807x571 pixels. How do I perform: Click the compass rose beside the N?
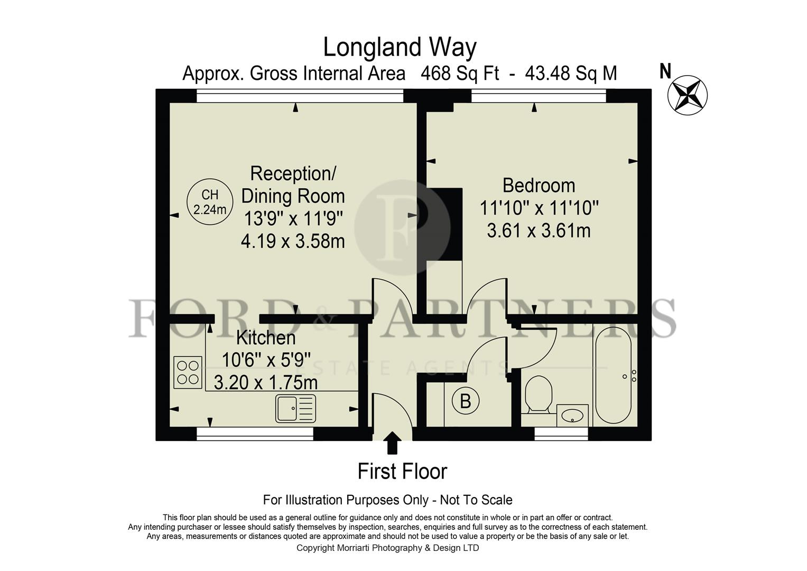point(687,96)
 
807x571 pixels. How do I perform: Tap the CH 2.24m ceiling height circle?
point(210,202)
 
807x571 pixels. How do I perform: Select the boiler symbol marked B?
point(465,401)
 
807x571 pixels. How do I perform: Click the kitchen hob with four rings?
point(188,372)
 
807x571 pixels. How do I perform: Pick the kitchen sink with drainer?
point(295,408)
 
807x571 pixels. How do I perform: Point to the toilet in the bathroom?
point(539,394)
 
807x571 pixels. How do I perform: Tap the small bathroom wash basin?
point(572,416)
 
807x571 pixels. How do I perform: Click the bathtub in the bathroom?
point(613,375)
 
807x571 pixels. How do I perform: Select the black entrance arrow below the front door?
point(392,443)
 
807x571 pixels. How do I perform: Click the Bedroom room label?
point(539,186)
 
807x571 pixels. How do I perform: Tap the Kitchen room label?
point(266,337)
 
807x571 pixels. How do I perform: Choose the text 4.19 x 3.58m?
point(293,242)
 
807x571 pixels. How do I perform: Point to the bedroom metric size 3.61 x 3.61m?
point(539,231)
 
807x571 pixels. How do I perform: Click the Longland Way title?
point(400,47)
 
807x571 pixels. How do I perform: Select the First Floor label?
point(402,471)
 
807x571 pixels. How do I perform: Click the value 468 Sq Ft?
point(459,73)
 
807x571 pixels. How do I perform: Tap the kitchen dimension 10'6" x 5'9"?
point(266,360)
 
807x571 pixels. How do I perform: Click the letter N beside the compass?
point(665,71)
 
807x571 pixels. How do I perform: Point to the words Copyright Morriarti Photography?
point(359,548)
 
